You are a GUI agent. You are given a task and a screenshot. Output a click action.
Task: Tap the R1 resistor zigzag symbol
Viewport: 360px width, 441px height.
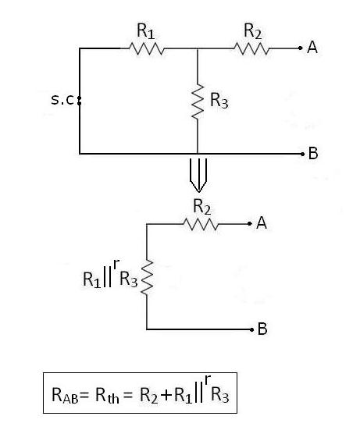point(146,48)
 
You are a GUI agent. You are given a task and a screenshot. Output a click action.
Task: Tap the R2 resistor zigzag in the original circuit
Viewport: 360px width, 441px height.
point(251,48)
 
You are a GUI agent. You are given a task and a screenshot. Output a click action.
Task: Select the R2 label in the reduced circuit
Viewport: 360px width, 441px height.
point(202,207)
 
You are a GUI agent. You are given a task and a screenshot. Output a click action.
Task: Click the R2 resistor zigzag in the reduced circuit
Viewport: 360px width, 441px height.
point(202,224)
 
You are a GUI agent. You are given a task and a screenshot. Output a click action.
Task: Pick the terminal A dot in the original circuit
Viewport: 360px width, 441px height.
point(299,48)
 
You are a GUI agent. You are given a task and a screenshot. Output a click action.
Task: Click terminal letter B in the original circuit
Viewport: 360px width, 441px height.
point(313,154)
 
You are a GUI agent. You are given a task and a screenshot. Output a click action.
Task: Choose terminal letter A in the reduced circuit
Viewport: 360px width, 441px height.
point(262,224)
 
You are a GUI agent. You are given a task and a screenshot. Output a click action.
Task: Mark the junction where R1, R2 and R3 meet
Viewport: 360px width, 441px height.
point(197,48)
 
